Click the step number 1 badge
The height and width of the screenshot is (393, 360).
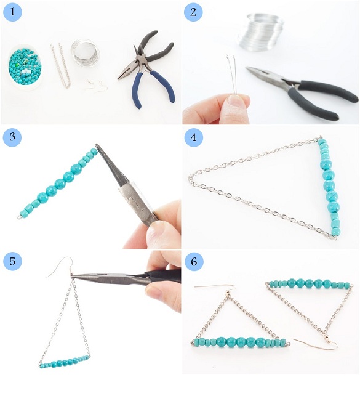(12, 12)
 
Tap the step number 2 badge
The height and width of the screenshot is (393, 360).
(193, 12)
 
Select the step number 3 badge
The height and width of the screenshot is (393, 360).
(12, 137)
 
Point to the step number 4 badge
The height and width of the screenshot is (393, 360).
(193, 137)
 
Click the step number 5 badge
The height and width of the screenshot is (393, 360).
(12, 261)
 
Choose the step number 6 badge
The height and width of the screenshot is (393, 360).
(194, 262)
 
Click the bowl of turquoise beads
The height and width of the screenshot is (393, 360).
(25, 67)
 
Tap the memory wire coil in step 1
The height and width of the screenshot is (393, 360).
(86, 52)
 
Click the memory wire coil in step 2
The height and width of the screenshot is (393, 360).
(260, 31)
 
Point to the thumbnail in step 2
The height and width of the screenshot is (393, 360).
(236, 101)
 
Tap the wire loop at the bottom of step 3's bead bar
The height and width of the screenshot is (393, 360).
(19, 217)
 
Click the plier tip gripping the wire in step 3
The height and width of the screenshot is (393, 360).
(97, 145)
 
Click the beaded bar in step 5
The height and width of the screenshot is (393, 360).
(65, 362)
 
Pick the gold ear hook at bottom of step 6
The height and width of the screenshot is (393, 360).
(316, 342)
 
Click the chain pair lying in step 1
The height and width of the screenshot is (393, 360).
(60, 65)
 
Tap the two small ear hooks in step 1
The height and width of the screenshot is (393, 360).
(97, 86)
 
